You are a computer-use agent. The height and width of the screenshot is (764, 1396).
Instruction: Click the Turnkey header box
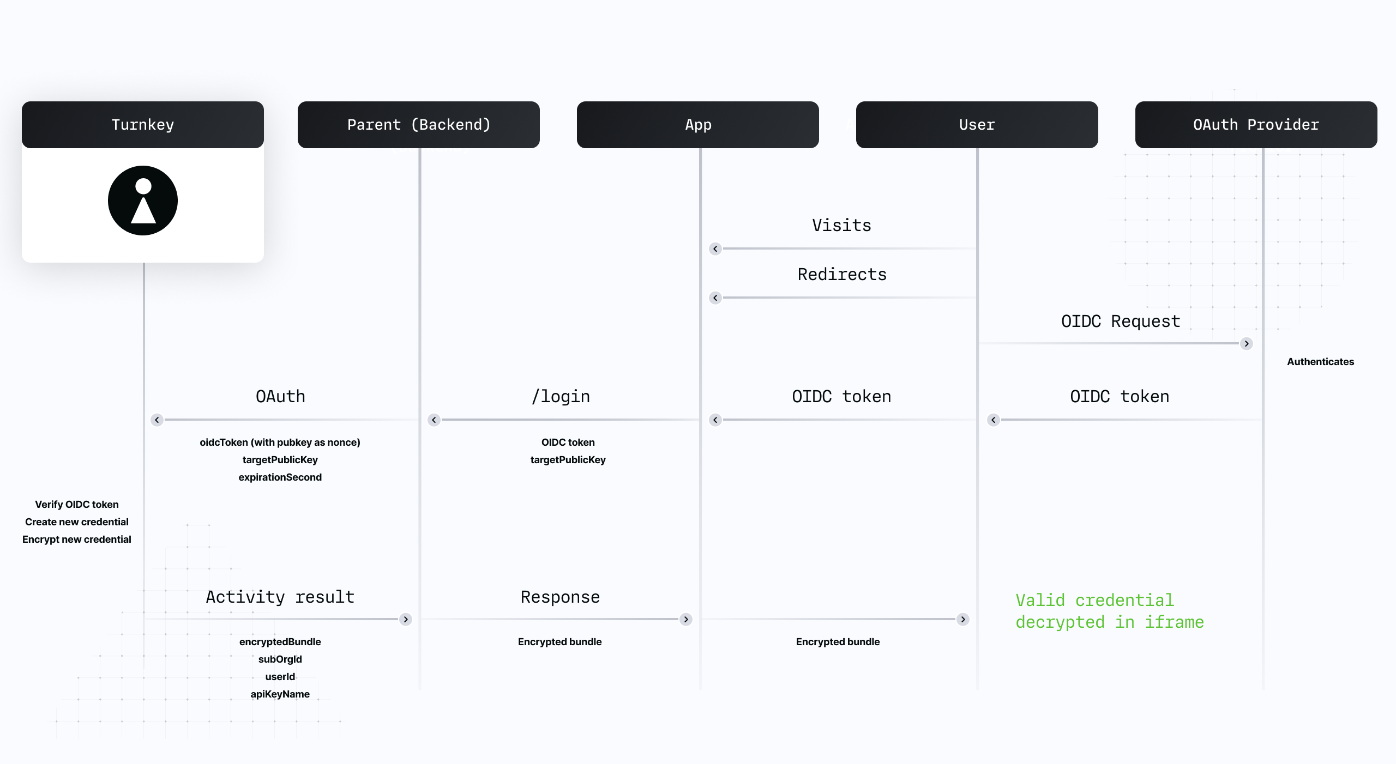point(143,125)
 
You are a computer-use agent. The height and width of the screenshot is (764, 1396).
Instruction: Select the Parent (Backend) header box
point(419,125)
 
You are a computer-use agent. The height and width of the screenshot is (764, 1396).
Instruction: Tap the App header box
point(698,125)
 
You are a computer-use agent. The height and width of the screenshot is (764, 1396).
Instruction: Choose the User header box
point(977,125)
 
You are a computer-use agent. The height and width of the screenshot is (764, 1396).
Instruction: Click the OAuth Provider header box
point(1256,125)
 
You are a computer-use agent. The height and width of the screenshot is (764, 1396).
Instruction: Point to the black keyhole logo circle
point(143,201)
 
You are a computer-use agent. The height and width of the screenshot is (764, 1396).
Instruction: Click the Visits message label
point(841,226)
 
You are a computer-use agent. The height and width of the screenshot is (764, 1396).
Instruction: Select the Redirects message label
point(842,275)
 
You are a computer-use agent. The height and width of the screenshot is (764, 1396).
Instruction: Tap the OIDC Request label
point(1121,322)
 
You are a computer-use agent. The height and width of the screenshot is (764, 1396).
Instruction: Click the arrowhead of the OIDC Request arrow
point(1247,344)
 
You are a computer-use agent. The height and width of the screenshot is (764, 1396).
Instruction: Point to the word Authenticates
point(1320,362)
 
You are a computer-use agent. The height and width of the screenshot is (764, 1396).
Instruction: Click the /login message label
point(561,397)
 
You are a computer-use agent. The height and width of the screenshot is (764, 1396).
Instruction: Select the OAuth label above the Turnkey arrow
point(280,397)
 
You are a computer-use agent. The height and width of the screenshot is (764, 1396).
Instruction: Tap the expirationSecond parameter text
point(280,477)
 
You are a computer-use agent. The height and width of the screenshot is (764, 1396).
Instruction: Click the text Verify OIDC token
point(77,505)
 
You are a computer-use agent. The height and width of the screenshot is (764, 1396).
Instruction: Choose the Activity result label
point(280,597)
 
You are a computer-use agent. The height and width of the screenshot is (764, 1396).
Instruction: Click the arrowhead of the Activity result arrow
point(406,620)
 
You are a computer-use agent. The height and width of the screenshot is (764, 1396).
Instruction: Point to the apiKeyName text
point(280,694)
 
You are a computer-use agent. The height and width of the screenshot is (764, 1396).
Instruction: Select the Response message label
point(560,597)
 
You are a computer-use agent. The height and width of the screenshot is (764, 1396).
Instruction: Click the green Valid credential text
point(1094,601)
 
